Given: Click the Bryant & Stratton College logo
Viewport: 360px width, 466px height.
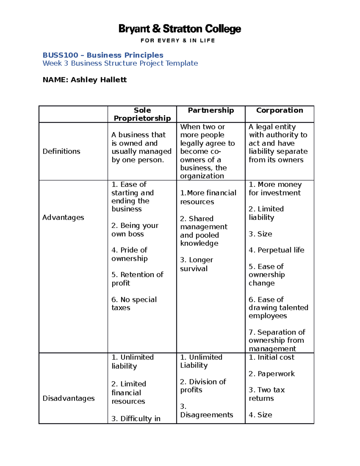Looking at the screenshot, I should pos(180,29).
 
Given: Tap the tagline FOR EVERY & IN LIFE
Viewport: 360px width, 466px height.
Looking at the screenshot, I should pos(178,41).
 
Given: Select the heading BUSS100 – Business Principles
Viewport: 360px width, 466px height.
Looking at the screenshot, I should pos(103,55).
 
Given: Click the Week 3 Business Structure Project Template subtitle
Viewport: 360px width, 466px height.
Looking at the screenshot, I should pos(120,63).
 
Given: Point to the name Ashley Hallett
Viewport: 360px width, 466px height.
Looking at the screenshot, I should pos(99,80).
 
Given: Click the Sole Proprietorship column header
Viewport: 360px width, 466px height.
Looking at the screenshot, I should pos(142,114).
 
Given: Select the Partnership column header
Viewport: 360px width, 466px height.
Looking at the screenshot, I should pos(211,110).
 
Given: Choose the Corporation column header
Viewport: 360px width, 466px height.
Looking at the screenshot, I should pos(279,110).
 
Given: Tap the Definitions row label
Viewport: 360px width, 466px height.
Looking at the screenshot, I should pos(61,151).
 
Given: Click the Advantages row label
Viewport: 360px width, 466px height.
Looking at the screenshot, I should pos(63,218).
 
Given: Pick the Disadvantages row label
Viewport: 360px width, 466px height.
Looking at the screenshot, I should pos(68,398).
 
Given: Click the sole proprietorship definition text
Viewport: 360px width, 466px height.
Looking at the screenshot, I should pos(141,147).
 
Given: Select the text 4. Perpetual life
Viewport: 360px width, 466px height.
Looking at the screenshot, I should pos(276,250).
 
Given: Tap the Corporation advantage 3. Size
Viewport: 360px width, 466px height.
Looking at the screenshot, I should pos(260,234).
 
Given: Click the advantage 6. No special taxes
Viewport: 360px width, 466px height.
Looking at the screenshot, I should pos(134,304).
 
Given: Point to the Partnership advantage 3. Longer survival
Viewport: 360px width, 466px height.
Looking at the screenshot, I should pos(196,264).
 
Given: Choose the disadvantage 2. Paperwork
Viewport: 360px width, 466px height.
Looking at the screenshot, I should pos(271,374).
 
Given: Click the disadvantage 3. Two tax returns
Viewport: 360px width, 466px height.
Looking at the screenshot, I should pos(266,394).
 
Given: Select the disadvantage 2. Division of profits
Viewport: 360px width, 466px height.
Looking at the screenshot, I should pos(203,386).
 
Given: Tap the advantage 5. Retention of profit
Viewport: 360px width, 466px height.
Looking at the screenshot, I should pos(137,279).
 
